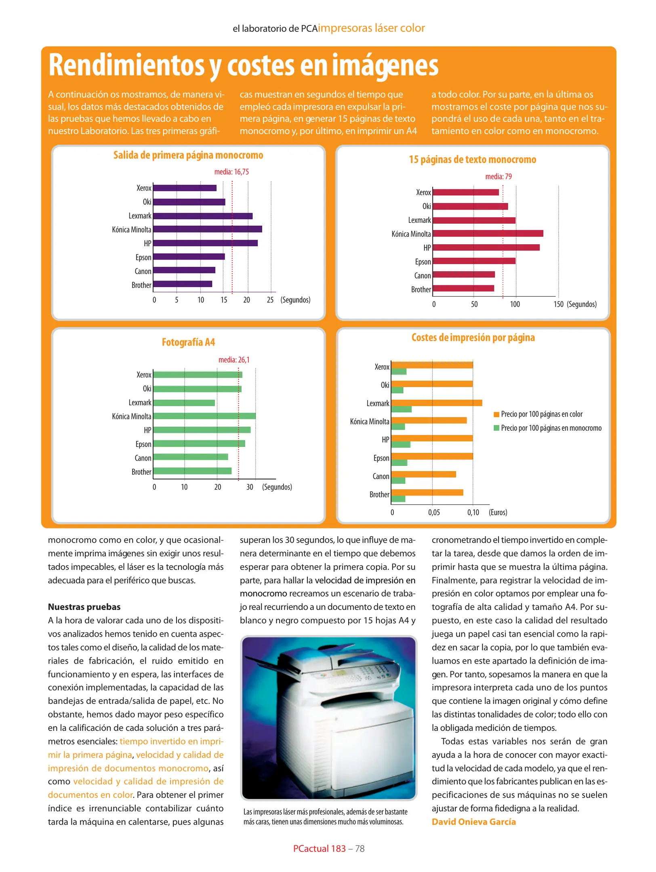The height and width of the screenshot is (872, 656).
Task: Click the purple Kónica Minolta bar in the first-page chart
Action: pos(207,229)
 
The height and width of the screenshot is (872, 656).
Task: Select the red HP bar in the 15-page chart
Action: pos(486,247)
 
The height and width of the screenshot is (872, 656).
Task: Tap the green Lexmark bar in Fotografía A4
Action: pos(184,402)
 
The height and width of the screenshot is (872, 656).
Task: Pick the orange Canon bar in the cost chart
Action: pos(423,474)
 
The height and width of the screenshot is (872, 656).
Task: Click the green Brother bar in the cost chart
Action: pos(398,499)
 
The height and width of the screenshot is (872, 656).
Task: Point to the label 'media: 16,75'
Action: pos(231,172)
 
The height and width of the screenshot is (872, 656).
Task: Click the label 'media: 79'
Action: pos(498,176)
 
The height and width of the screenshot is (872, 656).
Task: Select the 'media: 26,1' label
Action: pos(234,360)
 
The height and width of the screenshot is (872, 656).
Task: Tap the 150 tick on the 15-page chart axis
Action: pos(558,304)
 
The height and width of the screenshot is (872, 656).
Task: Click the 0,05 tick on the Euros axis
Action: pos(434,512)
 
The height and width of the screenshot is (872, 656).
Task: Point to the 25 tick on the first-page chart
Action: pos(270,300)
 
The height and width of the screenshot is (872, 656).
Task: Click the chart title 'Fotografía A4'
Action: pos(188,342)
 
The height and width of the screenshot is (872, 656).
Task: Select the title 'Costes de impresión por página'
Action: pos(473,337)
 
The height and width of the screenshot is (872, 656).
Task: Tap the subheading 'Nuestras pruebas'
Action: pos(84,607)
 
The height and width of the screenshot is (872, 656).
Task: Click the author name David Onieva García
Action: pos(473,822)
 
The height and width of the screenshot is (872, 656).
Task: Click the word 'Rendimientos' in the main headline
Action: pos(126,65)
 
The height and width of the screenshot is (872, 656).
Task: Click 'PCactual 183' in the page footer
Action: pos(319,849)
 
